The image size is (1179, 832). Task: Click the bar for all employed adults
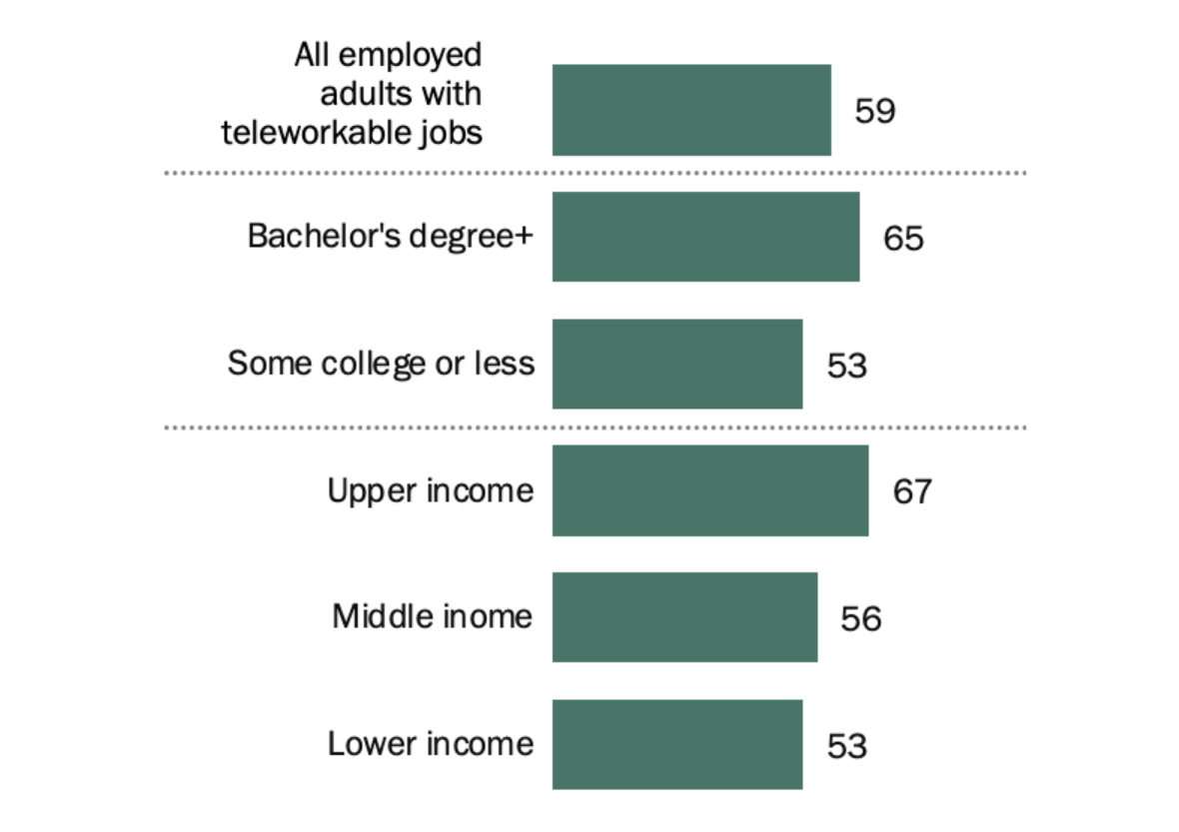coord(691,110)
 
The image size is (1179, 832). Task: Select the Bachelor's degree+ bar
coord(705,237)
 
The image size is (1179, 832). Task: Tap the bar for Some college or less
coord(677,364)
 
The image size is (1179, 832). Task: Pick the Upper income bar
coord(710,490)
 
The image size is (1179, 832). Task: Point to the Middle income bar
coord(684,617)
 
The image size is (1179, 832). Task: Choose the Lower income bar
coord(677,744)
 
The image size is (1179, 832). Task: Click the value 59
coord(874,111)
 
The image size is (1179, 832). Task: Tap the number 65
coord(903,239)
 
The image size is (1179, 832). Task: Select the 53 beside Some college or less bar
coord(846,366)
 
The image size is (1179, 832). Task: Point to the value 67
coord(912,491)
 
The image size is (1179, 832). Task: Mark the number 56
coord(860,619)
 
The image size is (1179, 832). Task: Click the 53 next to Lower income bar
coord(846,746)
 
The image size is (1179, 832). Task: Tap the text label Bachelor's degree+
coord(391,237)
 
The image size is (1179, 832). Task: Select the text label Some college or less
coord(381,364)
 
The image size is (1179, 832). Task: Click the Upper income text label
coord(430,490)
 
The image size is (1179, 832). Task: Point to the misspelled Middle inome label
coord(432,616)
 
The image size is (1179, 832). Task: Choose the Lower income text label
coord(430,744)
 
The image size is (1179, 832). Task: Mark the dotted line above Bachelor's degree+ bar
coord(594,173)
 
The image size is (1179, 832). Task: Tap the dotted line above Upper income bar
coord(594,427)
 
